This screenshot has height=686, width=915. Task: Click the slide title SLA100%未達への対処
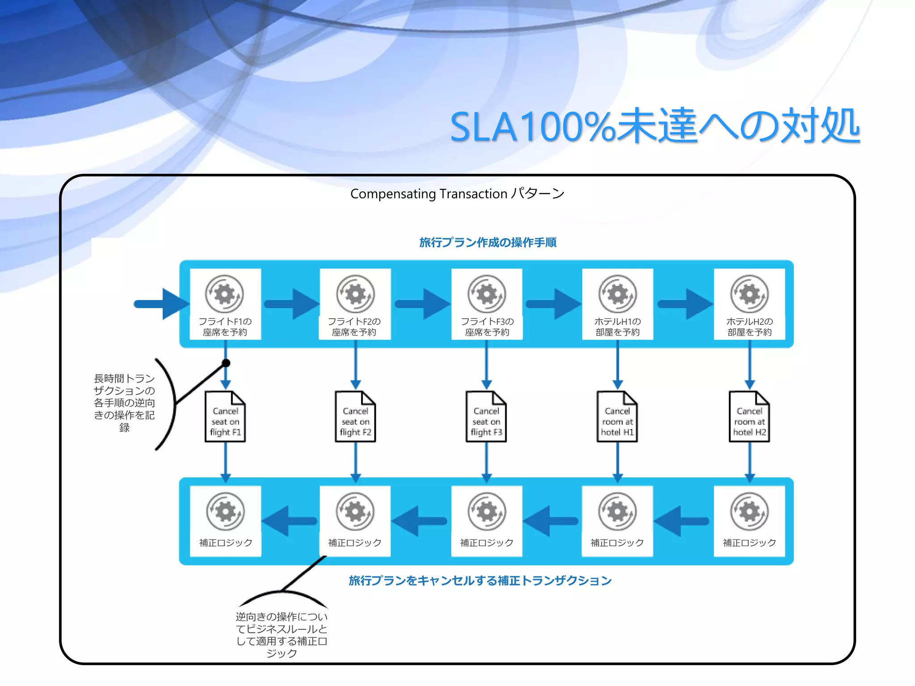[x=655, y=126]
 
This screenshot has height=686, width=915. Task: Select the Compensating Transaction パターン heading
[x=457, y=194]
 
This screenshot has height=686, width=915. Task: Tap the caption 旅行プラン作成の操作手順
[x=487, y=243]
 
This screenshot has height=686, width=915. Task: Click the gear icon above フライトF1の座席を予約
[x=224, y=294]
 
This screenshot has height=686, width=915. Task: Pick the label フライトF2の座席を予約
[x=354, y=327]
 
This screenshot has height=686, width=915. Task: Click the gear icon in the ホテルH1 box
[x=617, y=294]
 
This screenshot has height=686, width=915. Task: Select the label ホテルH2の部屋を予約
[x=749, y=327]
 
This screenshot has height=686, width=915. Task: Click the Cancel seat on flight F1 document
[x=225, y=417]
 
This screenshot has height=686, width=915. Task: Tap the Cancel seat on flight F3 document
[x=486, y=417]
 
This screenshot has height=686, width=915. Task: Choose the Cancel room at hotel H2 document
[x=749, y=417]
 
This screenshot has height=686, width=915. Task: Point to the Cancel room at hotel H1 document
[x=617, y=417]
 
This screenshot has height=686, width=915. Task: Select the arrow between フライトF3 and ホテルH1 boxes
[x=553, y=304]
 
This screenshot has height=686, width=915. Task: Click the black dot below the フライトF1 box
[x=226, y=363]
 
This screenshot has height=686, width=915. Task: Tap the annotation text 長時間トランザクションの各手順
[x=124, y=403]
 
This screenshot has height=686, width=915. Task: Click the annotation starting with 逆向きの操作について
[x=281, y=635]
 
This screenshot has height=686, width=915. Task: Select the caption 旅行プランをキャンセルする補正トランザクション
[x=480, y=581]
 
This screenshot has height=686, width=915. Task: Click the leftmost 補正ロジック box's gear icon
[x=226, y=511]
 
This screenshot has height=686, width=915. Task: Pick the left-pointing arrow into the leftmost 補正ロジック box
[x=289, y=521]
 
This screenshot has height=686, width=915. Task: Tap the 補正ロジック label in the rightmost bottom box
[x=749, y=543]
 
